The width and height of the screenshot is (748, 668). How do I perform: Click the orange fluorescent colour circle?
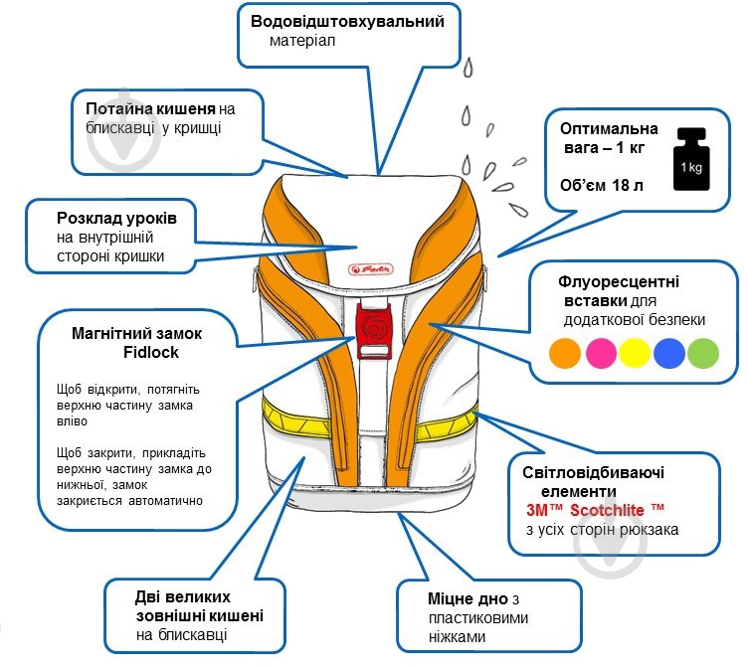tap(566, 353)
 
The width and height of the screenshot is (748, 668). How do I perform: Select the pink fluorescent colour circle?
tap(600, 353)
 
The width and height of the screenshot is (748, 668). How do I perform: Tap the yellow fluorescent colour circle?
tap(635, 353)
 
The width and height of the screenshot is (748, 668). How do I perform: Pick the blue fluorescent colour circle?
tap(668, 353)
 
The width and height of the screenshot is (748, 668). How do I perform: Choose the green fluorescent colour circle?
tap(702, 353)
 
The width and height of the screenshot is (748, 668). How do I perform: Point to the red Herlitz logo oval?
tap(373, 268)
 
